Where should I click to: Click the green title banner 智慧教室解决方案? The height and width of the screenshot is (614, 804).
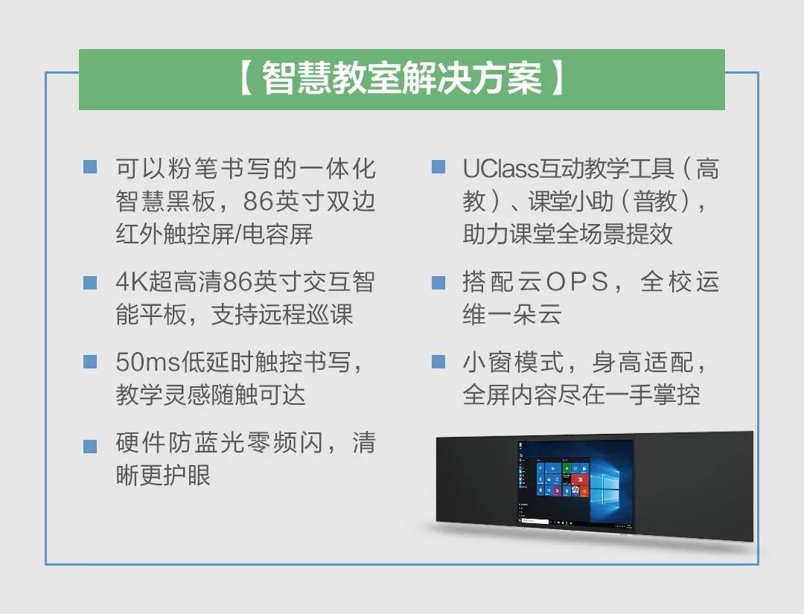click(401, 80)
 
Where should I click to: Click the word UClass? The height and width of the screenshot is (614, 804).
click(500, 169)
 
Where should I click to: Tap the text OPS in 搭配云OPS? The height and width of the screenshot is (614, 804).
click(577, 282)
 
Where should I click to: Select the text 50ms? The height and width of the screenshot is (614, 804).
click(148, 362)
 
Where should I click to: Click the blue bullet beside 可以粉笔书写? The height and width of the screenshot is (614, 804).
click(90, 167)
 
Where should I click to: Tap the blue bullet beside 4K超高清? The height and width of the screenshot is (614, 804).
click(90, 283)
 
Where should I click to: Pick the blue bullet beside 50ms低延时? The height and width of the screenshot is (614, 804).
click(90, 362)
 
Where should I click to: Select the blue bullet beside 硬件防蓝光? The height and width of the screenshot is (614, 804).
click(90, 446)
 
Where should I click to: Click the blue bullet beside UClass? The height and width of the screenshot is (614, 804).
click(438, 167)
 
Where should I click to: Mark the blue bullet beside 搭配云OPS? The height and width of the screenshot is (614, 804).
click(438, 283)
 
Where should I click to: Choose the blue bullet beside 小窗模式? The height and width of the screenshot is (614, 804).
click(438, 362)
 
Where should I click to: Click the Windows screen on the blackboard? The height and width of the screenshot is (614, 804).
click(575, 483)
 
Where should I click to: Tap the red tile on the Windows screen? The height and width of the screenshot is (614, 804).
click(580, 482)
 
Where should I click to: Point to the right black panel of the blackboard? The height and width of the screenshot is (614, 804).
click(694, 485)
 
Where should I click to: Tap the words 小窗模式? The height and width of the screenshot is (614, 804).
click(513, 362)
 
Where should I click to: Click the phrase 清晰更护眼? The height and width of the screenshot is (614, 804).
click(246, 458)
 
